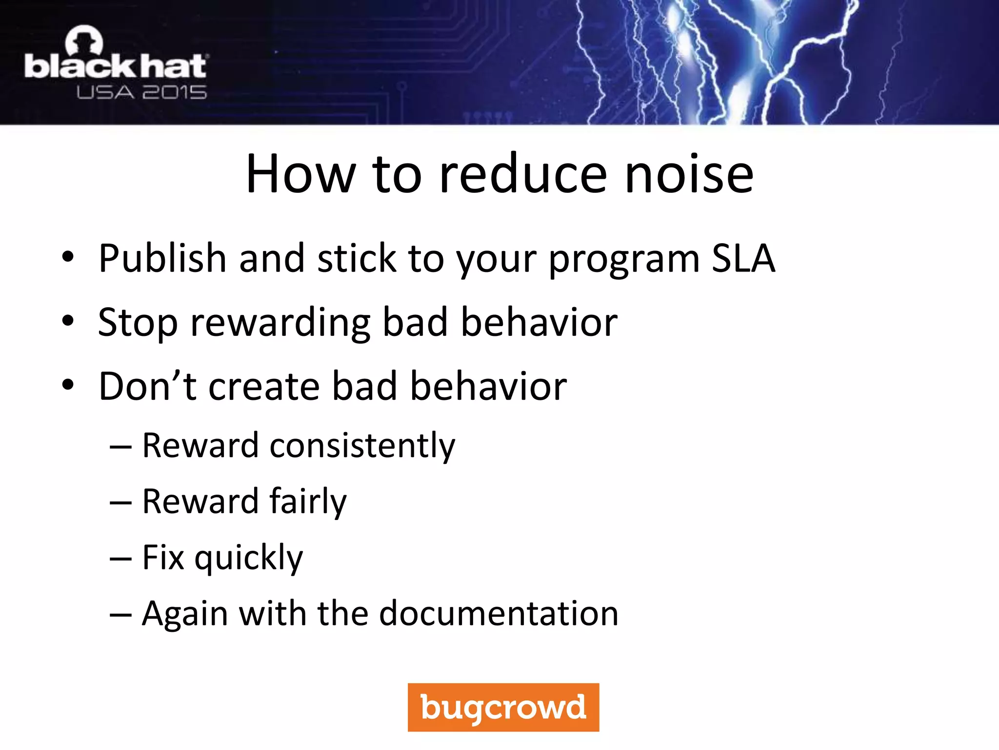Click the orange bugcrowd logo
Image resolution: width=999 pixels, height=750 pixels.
click(x=503, y=707)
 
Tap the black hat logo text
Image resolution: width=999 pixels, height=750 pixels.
click(x=116, y=67)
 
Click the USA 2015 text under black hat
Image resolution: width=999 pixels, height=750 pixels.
click(x=141, y=92)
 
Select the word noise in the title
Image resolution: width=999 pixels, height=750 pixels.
click(x=689, y=174)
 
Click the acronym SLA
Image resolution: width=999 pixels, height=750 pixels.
click(x=743, y=258)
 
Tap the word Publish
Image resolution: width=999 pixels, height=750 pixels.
click(x=162, y=258)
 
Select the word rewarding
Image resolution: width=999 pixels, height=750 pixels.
click(x=280, y=323)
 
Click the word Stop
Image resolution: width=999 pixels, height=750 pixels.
click(x=138, y=323)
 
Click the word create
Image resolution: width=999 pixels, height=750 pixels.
click(x=263, y=386)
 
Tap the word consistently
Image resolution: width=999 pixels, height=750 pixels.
click(x=362, y=446)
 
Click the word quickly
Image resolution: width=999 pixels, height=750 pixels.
click(x=249, y=558)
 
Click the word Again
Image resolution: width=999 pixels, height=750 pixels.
click(x=184, y=614)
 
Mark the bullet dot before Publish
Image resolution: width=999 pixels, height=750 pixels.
click(x=68, y=257)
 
